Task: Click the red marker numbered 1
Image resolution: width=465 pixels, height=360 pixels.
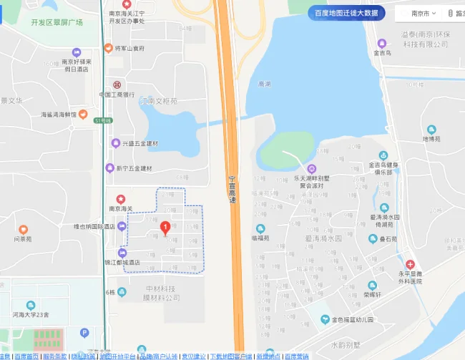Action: tap(165, 228)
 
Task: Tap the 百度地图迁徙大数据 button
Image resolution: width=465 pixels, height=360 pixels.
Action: tap(346, 13)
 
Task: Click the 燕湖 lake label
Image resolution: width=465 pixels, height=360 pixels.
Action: tap(264, 84)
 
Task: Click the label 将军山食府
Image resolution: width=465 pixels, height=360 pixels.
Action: tap(129, 49)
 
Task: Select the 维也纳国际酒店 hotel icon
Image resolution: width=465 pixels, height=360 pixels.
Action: tap(122, 227)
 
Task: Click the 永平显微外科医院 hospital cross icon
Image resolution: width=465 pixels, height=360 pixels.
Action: tap(410, 264)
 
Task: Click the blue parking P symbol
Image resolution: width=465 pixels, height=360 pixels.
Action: tap(84, 333)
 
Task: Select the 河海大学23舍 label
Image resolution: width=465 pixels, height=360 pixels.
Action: tap(30, 314)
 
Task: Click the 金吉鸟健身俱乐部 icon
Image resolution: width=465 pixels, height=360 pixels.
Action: tap(383, 156)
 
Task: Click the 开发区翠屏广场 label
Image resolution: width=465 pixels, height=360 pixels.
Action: tap(57, 22)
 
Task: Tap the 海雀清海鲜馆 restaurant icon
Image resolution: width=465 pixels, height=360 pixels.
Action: tap(83, 114)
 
